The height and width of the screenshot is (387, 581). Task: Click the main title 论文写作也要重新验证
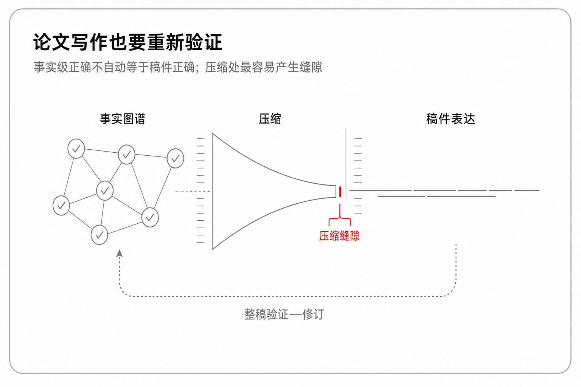pyautogui.click(x=127, y=42)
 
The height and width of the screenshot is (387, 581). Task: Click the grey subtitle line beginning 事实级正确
pyautogui.click(x=178, y=67)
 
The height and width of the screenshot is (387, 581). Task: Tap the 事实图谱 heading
pyautogui.click(x=123, y=119)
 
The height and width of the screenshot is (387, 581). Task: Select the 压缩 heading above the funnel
pyautogui.click(x=270, y=119)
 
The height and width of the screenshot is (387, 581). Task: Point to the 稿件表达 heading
pyautogui.click(x=451, y=119)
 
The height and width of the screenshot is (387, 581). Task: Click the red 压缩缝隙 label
pyautogui.click(x=339, y=236)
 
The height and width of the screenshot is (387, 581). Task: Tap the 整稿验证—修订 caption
pyautogui.click(x=284, y=314)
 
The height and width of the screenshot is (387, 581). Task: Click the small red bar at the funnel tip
pyautogui.click(x=340, y=192)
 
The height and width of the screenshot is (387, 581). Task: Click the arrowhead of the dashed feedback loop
pyautogui.click(x=119, y=253)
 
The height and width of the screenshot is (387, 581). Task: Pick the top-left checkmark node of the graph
pyautogui.click(x=76, y=149)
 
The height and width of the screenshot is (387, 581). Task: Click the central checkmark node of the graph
pyautogui.click(x=105, y=191)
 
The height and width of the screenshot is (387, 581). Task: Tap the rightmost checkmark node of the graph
pyautogui.click(x=176, y=158)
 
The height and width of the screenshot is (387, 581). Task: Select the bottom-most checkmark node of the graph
pyautogui.click(x=99, y=235)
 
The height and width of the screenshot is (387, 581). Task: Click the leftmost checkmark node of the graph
pyautogui.click(x=61, y=206)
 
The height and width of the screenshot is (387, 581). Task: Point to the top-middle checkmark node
pyautogui.click(x=127, y=155)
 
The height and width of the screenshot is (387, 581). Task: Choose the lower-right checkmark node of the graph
pyautogui.click(x=150, y=217)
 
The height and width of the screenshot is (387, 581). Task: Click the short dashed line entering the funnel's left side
pyautogui.click(x=193, y=191)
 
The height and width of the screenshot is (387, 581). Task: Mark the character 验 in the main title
pyautogui.click(x=194, y=42)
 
